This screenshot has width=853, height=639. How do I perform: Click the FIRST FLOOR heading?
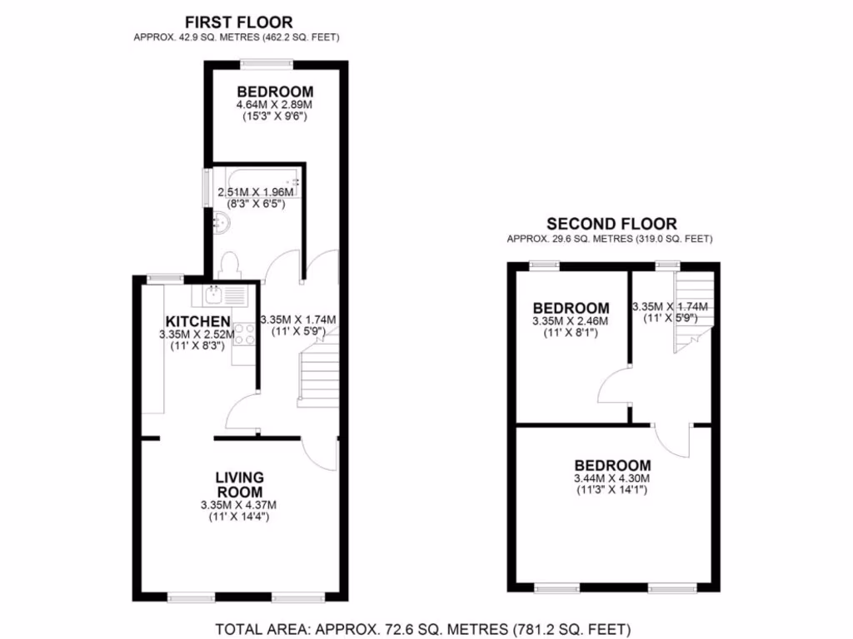238,22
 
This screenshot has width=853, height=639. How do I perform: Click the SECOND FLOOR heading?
611,224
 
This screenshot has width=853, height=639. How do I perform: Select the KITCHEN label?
197,321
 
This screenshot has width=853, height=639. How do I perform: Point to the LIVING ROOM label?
239,484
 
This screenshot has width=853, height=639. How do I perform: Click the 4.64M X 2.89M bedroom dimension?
275,106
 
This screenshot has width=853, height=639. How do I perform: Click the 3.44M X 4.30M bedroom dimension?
612,478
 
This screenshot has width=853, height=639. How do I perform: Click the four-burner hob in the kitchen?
243,334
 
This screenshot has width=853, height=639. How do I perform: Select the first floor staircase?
317,375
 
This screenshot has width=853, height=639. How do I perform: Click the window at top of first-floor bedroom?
267,62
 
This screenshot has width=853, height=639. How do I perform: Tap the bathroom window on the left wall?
207,187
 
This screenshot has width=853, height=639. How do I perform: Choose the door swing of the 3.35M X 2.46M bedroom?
613,384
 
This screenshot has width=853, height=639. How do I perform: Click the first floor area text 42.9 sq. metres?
236,37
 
